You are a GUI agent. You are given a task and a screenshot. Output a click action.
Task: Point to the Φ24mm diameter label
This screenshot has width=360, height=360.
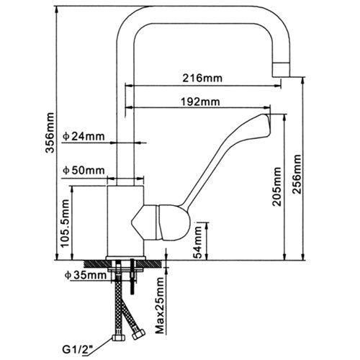point(84,135)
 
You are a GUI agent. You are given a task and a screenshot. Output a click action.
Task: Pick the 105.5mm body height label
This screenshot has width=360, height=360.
point(65,224)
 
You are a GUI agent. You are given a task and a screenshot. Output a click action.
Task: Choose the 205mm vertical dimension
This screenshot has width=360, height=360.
point(277,187)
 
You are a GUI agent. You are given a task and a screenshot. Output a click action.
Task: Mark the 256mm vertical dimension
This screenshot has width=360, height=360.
point(297,172)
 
